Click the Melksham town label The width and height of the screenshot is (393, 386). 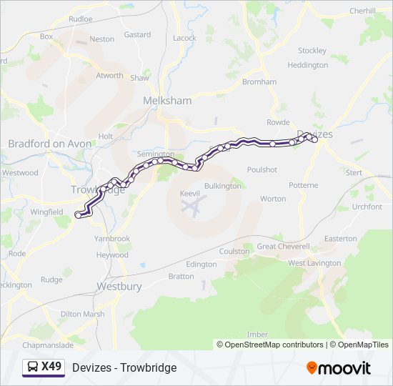(x=167, y=101)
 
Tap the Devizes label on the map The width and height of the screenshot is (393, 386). (x=315, y=134)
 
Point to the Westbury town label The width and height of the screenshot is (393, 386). (x=119, y=286)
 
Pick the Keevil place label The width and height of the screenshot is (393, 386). (x=190, y=193)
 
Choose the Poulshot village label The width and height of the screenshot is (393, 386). (x=262, y=169)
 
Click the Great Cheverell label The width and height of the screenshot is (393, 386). (x=283, y=247)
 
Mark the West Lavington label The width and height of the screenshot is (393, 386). (x=314, y=263)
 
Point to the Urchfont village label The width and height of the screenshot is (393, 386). (x=367, y=207)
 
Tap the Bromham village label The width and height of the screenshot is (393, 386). (x=259, y=81)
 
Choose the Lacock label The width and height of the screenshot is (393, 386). (x=184, y=38)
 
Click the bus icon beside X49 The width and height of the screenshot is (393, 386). (x=32, y=367)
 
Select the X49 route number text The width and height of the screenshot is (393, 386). (x=51, y=367)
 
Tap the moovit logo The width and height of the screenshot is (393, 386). (x=339, y=368)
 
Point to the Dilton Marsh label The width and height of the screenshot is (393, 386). (x=82, y=314)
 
